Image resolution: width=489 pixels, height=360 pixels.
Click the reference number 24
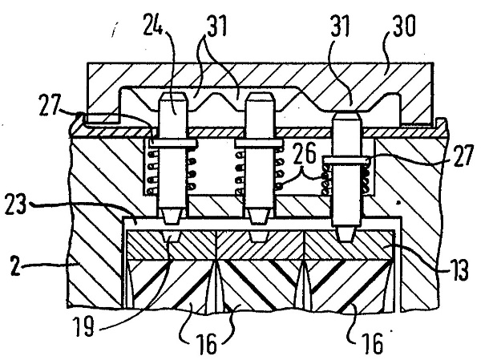[x=153, y=24]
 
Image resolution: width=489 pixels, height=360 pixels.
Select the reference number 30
[x=404, y=26]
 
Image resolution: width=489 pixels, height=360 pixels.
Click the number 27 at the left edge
[x=50, y=104]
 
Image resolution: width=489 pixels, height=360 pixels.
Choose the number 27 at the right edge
[x=463, y=156]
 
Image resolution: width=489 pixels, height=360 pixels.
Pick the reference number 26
[x=305, y=153]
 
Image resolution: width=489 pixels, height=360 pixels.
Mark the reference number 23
[x=16, y=204]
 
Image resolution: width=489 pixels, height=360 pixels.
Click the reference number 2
[x=15, y=265]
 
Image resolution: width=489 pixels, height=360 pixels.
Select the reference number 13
[x=459, y=270]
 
